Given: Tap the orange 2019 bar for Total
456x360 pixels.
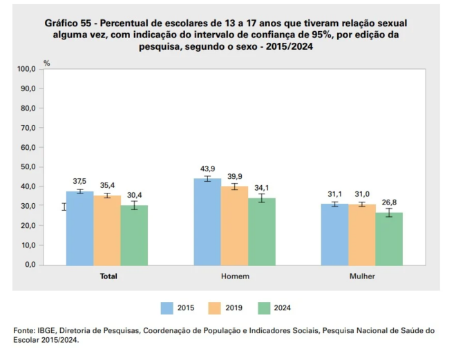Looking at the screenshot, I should tap(107, 229).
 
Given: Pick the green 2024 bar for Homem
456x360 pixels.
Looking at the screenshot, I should tap(262, 231).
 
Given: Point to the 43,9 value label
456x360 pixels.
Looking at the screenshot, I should tap(207, 170).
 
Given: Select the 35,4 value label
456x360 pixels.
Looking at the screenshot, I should tap(107, 186).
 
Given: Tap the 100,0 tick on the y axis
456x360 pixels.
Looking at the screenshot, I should tap(26, 70).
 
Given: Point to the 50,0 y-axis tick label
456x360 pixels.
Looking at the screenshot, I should tap(27, 167).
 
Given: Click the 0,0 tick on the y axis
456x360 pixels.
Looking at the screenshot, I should tap(29, 265).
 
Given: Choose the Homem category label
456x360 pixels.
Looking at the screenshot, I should tap(235, 276).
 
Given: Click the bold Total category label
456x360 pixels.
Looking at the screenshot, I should tap(108, 276).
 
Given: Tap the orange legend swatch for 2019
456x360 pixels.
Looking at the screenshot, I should tap(217, 307).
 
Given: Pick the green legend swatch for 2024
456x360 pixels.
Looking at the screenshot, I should tap(265, 307).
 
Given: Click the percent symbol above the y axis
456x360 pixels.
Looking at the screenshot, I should tap(47, 63).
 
